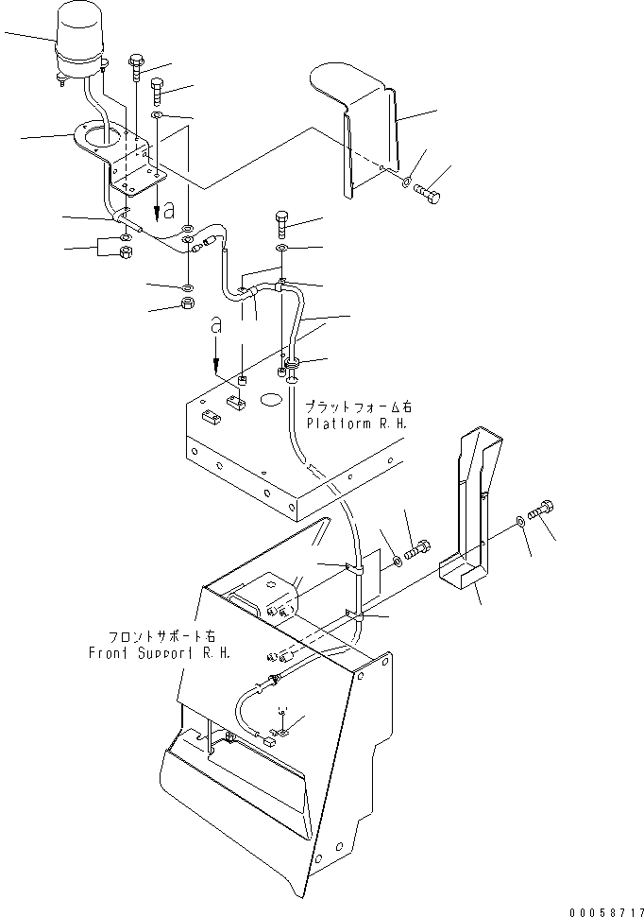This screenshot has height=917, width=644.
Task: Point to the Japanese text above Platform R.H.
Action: (x=360, y=406)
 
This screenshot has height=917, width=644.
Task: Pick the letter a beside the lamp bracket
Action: (x=167, y=207)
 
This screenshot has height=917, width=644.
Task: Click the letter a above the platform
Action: (x=216, y=326)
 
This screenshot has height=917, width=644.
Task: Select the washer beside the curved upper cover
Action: (x=405, y=182)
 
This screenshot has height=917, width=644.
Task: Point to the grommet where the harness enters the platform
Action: (x=292, y=363)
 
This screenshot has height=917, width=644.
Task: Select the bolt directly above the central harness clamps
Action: (x=284, y=223)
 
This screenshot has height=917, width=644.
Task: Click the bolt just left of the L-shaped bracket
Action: (x=417, y=546)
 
